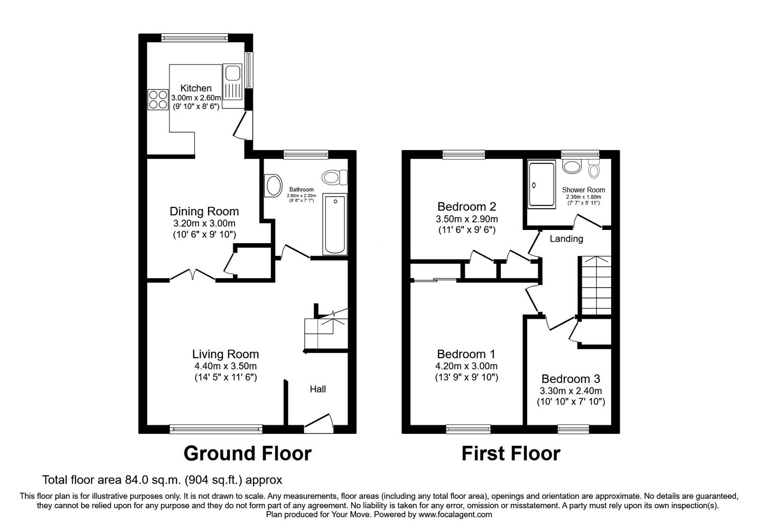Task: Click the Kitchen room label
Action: pos(196,88)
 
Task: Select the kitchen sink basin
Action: pos(233,73)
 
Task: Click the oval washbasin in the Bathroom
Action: pos(272,185)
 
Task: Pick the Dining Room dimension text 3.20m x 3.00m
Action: pos(204,223)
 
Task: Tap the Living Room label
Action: pos(226,354)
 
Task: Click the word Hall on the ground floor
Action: pos(317,389)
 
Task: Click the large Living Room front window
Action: pos(216,429)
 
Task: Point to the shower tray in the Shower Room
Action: pos(541,185)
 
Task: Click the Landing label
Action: pos(566,238)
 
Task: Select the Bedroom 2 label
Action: pos(467,207)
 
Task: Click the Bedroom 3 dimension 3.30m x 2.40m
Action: pos(570,391)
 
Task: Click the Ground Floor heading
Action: pos(247,453)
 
